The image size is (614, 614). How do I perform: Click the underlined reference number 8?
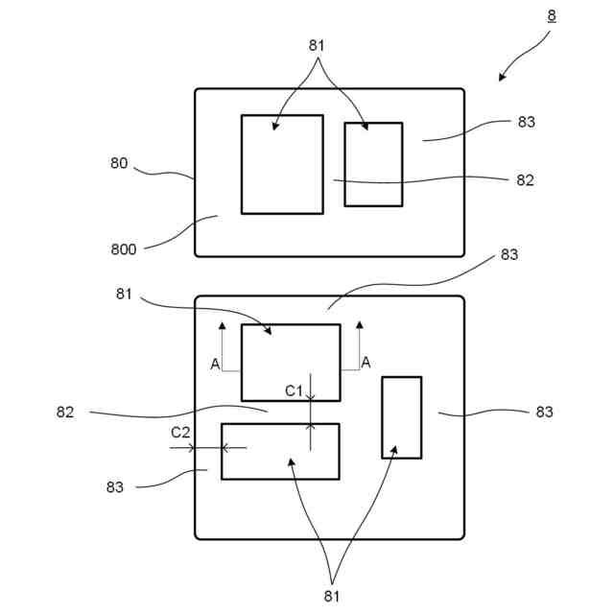click(552, 15)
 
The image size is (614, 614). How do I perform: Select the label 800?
click(125, 249)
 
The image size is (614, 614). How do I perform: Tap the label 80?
click(118, 163)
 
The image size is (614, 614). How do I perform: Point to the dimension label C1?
click(295, 390)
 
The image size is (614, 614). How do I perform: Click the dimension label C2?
click(180, 433)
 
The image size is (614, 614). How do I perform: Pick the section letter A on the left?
click(215, 363)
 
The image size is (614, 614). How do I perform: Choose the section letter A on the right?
click(366, 362)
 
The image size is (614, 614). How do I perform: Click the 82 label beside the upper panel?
click(525, 179)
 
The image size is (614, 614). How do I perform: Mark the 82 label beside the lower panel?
click(65, 413)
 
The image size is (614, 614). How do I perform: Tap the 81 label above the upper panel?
click(318, 45)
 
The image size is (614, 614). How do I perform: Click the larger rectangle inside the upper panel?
click(281, 164)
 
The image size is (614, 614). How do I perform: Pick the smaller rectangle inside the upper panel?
click(373, 164)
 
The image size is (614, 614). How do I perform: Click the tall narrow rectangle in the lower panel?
click(401, 417)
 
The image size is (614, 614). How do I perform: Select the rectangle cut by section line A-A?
click(290, 362)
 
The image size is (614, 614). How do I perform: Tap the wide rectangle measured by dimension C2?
click(279, 451)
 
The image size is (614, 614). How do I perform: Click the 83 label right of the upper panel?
click(526, 122)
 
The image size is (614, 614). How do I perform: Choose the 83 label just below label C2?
click(115, 487)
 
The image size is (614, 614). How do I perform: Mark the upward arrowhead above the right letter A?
click(360, 325)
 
